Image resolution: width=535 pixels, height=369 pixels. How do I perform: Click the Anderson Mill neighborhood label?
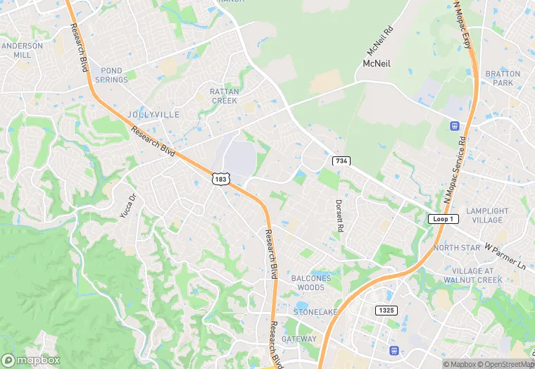coord(22,50)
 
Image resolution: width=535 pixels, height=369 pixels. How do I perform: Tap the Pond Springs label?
coord(111,75)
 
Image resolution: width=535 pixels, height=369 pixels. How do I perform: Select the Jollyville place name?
coord(153,114)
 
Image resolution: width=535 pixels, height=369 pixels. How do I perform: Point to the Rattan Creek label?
coord(225,96)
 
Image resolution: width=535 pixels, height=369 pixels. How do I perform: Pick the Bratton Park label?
coord(503,78)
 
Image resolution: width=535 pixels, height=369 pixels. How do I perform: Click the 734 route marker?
coord(341,161)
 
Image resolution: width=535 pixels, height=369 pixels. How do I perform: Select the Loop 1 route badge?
coord(443,219)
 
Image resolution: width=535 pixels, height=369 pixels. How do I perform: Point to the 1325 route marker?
coord(386,310)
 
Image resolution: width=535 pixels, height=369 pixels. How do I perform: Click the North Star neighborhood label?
coord(457,248)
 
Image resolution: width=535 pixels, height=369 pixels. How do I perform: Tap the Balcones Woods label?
coord(310,282)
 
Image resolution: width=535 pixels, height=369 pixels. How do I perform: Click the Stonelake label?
coord(312,311)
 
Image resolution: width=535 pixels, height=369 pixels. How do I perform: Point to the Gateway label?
coord(299,339)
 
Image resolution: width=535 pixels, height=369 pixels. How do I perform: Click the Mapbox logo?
coord(31,359)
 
